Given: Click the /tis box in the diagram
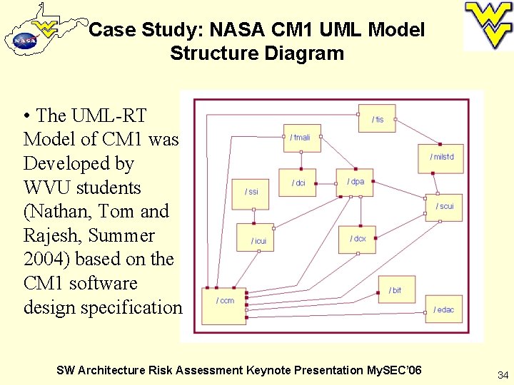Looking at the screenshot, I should click(x=377, y=119).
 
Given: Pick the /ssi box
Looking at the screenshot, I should click(x=251, y=191).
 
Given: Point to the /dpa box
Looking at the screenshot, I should click(x=355, y=183).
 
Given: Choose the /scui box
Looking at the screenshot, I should click(x=444, y=207).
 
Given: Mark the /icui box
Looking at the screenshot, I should click(x=258, y=240).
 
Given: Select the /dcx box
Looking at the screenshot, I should click(x=357, y=239).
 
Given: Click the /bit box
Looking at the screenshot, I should click(x=396, y=290).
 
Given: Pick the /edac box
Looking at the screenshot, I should click(x=443, y=309).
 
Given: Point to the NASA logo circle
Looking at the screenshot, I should click(x=25, y=41).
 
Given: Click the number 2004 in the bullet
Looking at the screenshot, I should click(x=44, y=259).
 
